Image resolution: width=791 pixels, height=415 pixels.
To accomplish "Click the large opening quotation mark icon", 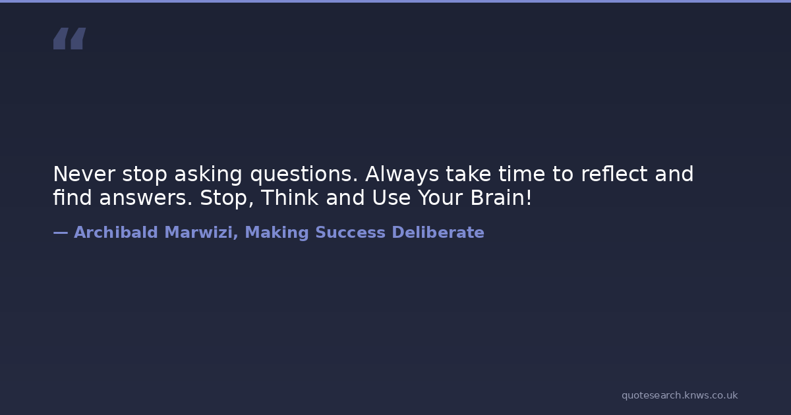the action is point(70,38).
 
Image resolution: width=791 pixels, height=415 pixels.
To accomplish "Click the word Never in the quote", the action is point(84,174).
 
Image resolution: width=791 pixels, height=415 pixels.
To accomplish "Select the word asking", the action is point(208,175).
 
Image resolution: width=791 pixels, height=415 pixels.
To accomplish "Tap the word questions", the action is point(304,175).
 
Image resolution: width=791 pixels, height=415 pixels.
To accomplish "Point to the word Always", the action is point(402,175).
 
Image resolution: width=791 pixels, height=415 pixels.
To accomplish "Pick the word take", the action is point(468,174).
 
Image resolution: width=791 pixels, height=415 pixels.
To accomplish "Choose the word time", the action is point(522,174).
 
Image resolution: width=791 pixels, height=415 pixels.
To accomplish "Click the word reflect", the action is point(614,174).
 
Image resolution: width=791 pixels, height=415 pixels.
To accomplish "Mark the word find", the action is point(73,197).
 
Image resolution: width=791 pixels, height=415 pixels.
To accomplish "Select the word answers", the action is point(146,198).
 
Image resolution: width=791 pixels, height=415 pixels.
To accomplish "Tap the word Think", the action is point(290,197).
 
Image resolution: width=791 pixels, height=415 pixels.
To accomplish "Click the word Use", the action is point(392,198).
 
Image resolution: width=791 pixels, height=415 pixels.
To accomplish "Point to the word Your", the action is point(440,198).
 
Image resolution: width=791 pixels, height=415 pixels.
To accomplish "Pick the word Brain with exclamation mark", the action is point(501,197).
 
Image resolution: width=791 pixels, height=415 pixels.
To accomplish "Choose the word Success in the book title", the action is point(350,233).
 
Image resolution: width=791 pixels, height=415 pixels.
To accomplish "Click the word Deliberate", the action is point(438,232).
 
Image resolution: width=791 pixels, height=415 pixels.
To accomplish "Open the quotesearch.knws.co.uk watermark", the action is point(680,395).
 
